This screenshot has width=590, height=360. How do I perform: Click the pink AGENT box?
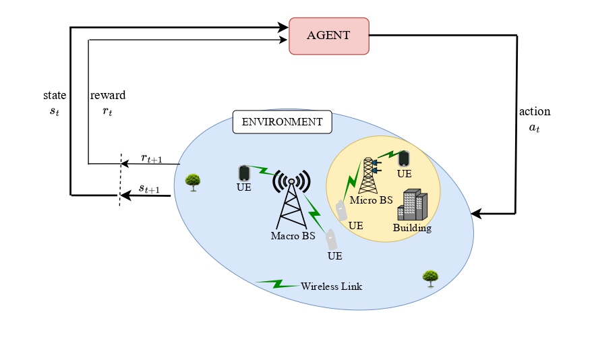pyautogui.click(x=329, y=36)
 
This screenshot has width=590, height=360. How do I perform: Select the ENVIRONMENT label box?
pyautogui.click(x=282, y=122)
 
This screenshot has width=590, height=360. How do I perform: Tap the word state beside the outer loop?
pyautogui.click(x=54, y=95)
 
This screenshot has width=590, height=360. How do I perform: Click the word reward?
pyautogui.click(x=108, y=95)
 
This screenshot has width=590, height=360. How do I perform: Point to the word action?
pyautogui.click(x=535, y=111)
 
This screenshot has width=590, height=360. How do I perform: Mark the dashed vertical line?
pyautogui.click(x=121, y=179)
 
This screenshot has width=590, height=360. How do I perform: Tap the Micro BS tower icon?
pyautogui.click(x=368, y=176)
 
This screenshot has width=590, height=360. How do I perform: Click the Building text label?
pyautogui.click(x=412, y=228)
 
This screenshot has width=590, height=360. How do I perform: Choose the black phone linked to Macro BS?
pyautogui.click(x=243, y=173)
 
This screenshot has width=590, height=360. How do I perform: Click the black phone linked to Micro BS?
pyautogui.click(x=403, y=158)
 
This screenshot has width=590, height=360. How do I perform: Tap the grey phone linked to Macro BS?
pyautogui.click(x=331, y=239)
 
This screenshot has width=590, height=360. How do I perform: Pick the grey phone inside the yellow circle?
pyautogui.click(x=342, y=210)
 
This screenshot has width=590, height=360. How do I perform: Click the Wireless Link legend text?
pyautogui.click(x=331, y=287)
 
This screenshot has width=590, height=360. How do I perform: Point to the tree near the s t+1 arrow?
pyautogui.click(x=193, y=181)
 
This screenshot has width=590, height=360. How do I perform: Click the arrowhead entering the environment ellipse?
pyautogui.click(x=476, y=214)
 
